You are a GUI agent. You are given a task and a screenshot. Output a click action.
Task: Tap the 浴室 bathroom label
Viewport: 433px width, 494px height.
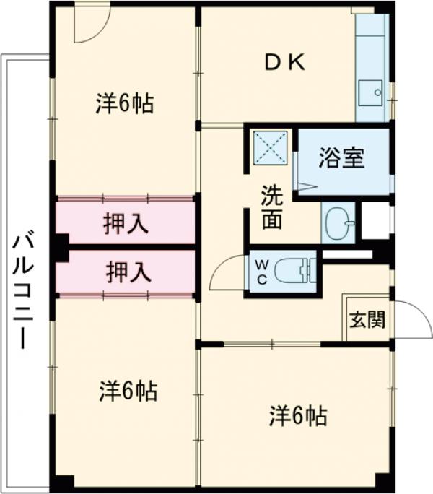[x=341, y=158]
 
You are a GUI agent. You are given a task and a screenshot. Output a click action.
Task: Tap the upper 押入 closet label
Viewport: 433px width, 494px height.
[x=126, y=223]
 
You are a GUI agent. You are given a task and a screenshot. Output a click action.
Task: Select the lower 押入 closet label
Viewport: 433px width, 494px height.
[x=128, y=272]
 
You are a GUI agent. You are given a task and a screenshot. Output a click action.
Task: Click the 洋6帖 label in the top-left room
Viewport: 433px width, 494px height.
[x=124, y=103]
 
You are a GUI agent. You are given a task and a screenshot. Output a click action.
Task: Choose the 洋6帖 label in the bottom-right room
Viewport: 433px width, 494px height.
[x=298, y=415]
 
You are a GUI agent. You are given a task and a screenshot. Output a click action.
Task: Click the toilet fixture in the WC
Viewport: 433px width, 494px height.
[x=299, y=270]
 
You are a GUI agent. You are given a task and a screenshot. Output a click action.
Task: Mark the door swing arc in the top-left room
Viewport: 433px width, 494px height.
[x=91, y=25]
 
